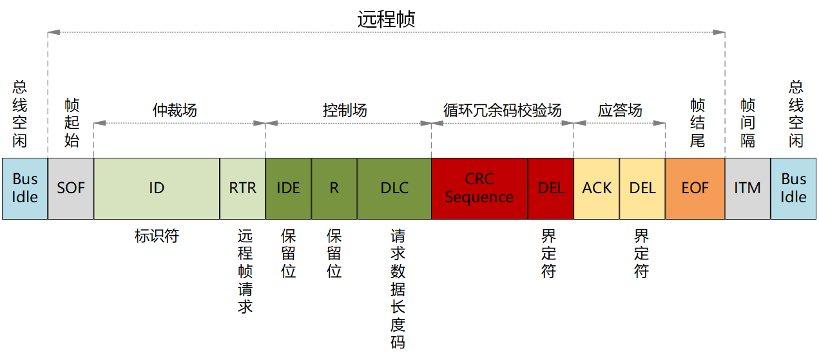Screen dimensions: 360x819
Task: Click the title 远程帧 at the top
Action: pos(386,19)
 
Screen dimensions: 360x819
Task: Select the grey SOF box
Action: pos(71,188)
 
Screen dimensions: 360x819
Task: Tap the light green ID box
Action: pos(157,188)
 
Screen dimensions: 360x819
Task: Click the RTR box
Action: pos(242,188)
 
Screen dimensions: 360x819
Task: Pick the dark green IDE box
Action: pos(288,188)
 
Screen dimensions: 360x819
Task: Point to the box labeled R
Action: pos(334,188)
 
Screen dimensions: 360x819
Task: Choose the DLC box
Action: pos(394,188)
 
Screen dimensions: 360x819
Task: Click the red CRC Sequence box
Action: pos(479,188)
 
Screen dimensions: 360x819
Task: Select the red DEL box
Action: pos(550,188)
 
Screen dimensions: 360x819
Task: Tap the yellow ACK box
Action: pos(596,188)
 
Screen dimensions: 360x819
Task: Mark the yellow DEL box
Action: pos(642,188)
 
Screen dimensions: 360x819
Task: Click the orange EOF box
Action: pos(695,188)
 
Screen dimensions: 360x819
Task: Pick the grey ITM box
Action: pos(747,188)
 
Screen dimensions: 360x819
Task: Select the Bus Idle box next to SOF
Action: pos(24,188)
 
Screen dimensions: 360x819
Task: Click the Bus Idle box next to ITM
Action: pos(793,188)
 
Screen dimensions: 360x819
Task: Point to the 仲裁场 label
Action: pos(175,110)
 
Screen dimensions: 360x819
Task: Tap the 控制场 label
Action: pos(345,110)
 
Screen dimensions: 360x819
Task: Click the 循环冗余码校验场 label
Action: pos(503,110)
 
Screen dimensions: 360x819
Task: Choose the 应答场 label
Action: pos(620,110)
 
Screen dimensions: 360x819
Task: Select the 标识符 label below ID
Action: pos(157,236)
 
